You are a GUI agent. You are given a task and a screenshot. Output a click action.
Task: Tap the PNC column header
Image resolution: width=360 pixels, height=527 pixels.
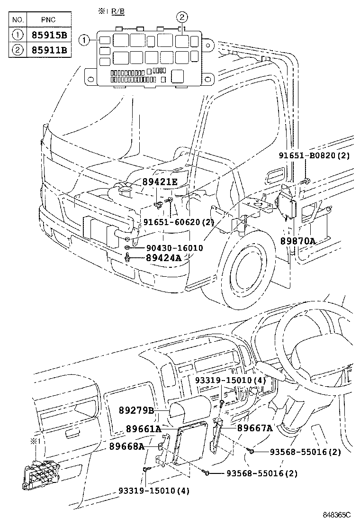(x=48, y=20)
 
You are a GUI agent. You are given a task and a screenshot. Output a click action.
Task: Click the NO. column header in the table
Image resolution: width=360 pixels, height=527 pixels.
(x=18, y=20)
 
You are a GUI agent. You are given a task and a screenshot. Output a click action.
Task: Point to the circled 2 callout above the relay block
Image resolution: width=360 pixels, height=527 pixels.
(x=183, y=18)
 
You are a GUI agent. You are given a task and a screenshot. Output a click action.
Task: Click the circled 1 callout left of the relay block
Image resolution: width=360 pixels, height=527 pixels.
(x=84, y=41)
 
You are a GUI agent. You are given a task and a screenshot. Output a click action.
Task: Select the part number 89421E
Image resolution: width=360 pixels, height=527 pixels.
(x=160, y=182)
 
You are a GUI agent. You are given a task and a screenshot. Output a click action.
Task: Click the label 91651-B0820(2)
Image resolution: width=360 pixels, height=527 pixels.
(x=321, y=155)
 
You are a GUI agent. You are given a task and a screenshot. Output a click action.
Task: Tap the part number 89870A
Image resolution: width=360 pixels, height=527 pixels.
(x=297, y=241)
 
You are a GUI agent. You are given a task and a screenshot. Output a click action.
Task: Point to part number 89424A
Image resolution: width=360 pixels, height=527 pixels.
(x=163, y=258)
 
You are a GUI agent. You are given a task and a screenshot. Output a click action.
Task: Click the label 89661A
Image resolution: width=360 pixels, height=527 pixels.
(x=144, y=429)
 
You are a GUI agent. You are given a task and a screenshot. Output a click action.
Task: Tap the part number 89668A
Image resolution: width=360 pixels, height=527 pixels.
(x=126, y=446)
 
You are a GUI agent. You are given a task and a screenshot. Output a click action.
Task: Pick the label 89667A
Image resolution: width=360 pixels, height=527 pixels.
(x=255, y=428)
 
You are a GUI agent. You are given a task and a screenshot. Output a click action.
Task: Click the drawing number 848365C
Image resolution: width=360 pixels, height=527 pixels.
(x=337, y=515)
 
